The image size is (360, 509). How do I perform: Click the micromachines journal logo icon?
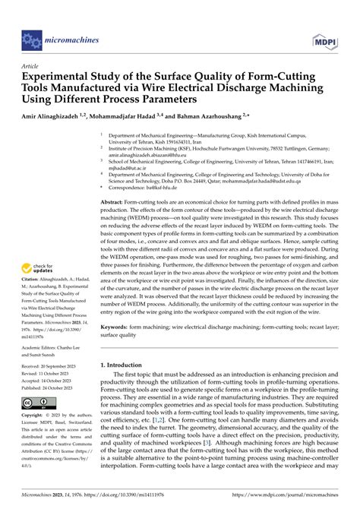coord(30,36)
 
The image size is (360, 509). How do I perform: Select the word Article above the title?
coord(32,66)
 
